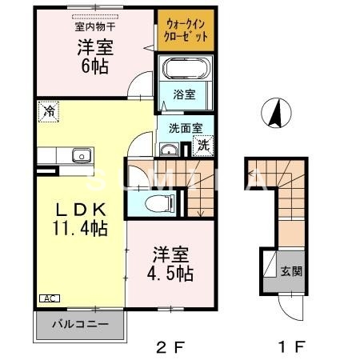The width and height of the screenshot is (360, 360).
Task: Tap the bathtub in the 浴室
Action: coord(185,69)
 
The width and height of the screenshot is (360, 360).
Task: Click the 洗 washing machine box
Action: coord(203,146)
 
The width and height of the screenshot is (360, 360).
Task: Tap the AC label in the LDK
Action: coord(48,298)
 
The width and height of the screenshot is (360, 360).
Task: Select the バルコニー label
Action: coord(79,326)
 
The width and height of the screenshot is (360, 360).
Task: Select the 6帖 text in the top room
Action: coord(94,67)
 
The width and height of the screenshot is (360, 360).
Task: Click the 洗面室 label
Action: coord(184,126)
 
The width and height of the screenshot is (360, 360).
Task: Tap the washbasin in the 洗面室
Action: coord(169,150)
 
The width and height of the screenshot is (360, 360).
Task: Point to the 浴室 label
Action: coord(185,94)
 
